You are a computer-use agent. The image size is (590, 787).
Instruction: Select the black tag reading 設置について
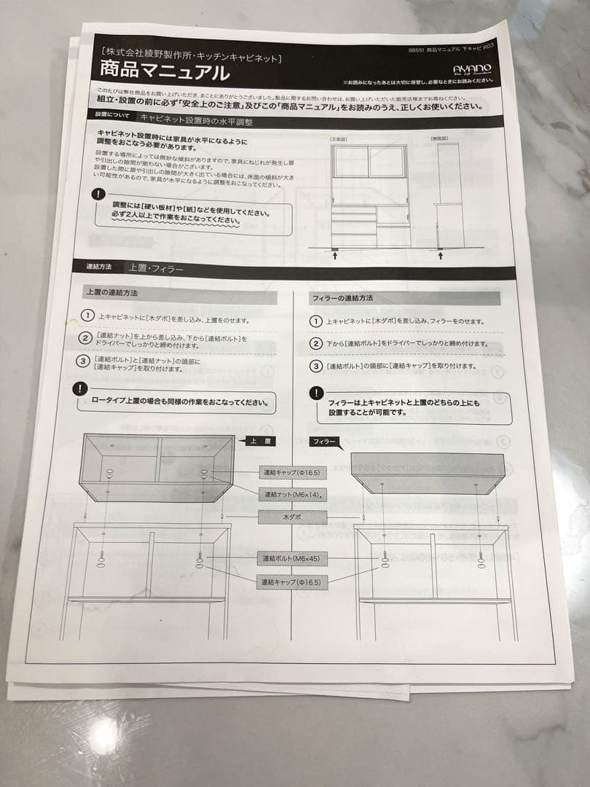point(112,115)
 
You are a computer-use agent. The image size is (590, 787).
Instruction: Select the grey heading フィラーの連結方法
point(343,299)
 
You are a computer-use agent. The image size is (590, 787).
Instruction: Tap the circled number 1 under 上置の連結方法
point(87,316)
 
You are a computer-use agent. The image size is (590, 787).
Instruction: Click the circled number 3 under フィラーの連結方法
point(315,366)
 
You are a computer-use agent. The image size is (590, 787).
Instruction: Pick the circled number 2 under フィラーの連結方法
point(315,343)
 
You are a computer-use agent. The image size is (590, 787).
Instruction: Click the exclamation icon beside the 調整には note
point(99,195)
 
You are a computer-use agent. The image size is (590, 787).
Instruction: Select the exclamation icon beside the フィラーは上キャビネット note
point(315,393)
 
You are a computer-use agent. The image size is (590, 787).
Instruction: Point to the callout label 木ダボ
point(292,517)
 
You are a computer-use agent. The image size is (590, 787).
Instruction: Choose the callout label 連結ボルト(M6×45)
point(291,559)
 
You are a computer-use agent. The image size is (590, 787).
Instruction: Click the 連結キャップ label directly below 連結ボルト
point(291,582)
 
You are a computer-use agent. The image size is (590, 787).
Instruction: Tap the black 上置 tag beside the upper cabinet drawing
point(261,441)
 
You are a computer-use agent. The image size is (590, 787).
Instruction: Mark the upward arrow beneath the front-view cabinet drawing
point(334,255)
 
